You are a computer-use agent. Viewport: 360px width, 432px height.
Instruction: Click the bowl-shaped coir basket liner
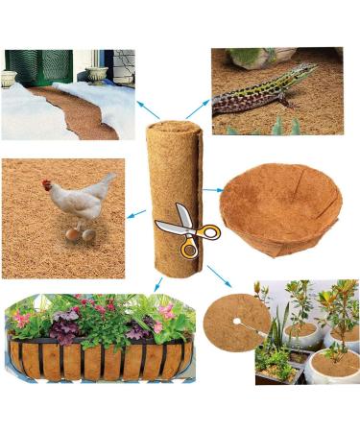point(279,211)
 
